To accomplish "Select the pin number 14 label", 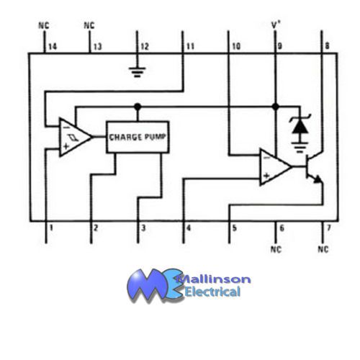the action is pyautogui.click(x=53, y=47).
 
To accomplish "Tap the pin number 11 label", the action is pyautogui.click(x=190, y=46).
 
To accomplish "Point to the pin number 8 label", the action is pyautogui.click(x=327, y=46).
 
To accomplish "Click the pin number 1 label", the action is pyautogui.click(x=51, y=228).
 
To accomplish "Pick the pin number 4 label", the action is pyautogui.click(x=189, y=228).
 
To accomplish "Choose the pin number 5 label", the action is pyautogui.click(x=235, y=228).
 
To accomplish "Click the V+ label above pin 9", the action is pyautogui.click(x=276, y=24).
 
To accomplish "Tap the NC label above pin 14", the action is pyautogui.click(x=44, y=25).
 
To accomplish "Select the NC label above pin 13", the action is pyautogui.click(x=89, y=25).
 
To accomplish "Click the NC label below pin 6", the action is pyautogui.click(x=276, y=249).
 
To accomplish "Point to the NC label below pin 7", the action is pyautogui.click(x=323, y=249).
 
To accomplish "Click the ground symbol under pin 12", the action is pyautogui.click(x=137, y=72).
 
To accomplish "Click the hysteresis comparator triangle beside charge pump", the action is pyautogui.click(x=74, y=138).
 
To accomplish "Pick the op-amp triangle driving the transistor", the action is pyautogui.click(x=275, y=167).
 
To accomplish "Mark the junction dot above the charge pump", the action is pyautogui.click(x=138, y=107).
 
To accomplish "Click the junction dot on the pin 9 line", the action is pyautogui.click(x=276, y=107).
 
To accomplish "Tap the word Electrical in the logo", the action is pyautogui.click(x=212, y=292).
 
